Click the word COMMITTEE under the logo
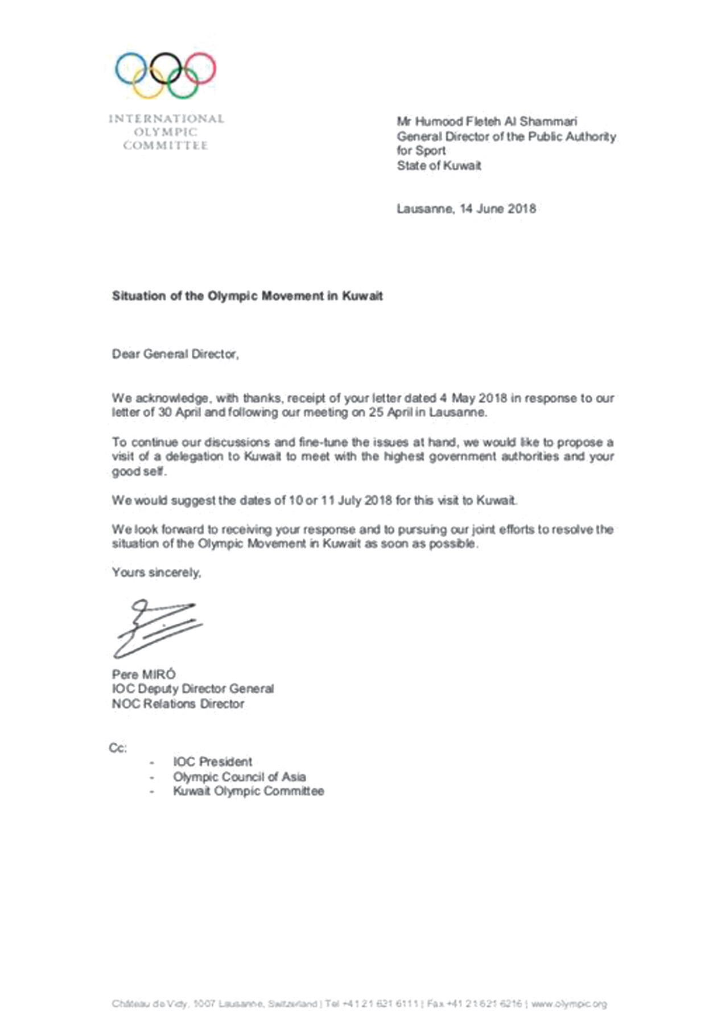tap(166, 146)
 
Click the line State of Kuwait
tap(439, 166)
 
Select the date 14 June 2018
tap(497, 208)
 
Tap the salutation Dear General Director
tap(175, 354)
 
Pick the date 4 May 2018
tap(473, 398)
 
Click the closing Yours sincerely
tap(156, 573)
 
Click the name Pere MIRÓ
tap(144, 674)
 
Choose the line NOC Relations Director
tap(178, 704)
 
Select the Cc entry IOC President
tap(212, 762)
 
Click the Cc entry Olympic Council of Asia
tap(240, 777)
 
